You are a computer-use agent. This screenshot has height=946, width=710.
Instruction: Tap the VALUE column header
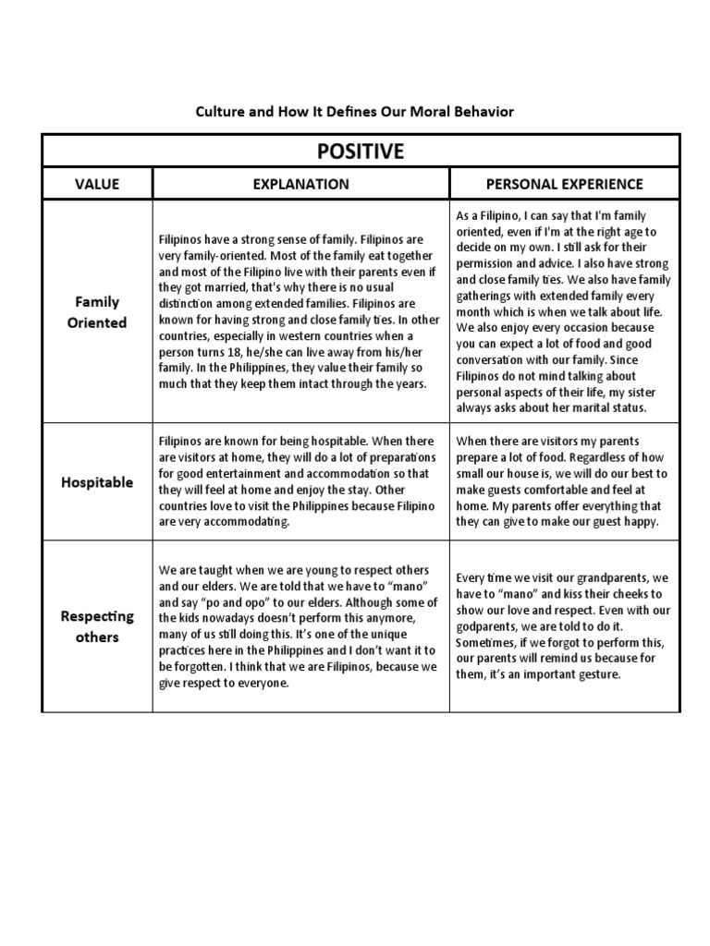(x=97, y=184)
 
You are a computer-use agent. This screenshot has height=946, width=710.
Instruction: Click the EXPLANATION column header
(x=301, y=184)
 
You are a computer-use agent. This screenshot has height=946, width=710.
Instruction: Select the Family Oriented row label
(x=97, y=312)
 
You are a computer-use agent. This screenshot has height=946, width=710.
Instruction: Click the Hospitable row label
(x=97, y=481)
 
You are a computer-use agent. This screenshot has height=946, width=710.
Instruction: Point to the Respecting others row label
(x=97, y=625)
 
